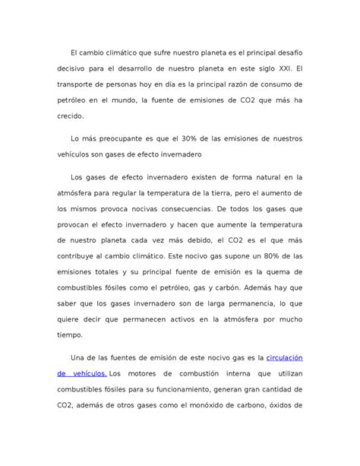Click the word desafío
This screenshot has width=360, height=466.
(x=288, y=52)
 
